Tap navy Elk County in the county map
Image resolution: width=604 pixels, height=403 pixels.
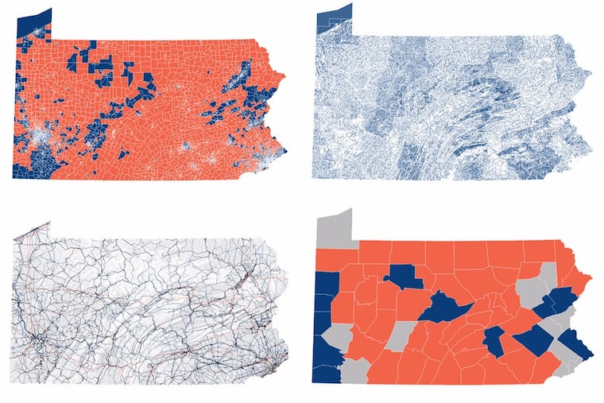tap(405, 276)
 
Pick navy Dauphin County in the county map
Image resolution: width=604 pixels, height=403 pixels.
tap(494, 342)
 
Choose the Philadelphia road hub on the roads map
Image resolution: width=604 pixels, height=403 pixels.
tap(271, 367)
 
